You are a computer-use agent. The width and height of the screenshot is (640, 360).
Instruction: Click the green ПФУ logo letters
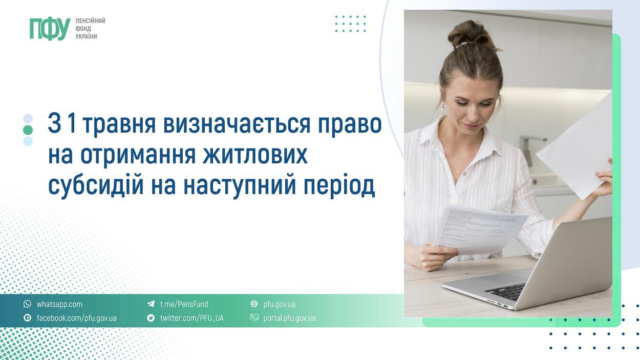point(50,29)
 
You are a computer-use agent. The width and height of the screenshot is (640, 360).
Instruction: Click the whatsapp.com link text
point(59,304)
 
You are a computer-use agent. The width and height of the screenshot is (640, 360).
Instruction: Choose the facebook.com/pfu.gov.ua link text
point(76,318)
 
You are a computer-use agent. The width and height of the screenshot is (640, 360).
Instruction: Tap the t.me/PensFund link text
point(184,304)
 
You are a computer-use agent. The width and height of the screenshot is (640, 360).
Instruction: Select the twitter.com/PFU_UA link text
point(191,318)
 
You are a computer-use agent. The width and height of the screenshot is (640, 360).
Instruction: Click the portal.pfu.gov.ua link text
point(289,318)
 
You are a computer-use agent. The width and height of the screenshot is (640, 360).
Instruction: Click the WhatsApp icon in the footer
point(28,304)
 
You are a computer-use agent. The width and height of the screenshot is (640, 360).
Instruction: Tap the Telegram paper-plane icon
point(151,304)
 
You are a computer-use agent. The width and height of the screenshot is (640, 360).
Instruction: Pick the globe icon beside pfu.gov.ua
point(254,304)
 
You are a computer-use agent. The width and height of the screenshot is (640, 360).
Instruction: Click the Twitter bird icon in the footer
point(151,318)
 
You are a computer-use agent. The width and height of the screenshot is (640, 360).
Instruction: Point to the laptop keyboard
point(507,290)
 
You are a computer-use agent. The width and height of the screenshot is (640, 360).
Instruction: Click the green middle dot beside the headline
point(28,130)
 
